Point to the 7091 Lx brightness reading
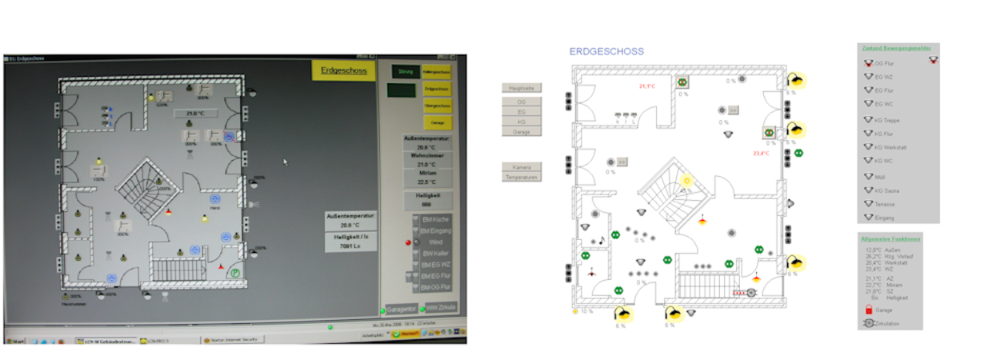(x=352, y=246)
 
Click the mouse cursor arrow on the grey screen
(x=285, y=162)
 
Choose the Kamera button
(x=522, y=166)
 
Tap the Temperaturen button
(x=522, y=177)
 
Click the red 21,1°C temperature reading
(x=646, y=86)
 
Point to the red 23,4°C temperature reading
(x=760, y=153)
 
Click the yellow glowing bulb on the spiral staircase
(x=685, y=182)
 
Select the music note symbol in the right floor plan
(x=602, y=240)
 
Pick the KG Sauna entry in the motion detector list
(x=885, y=190)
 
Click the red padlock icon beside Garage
(x=867, y=309)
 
